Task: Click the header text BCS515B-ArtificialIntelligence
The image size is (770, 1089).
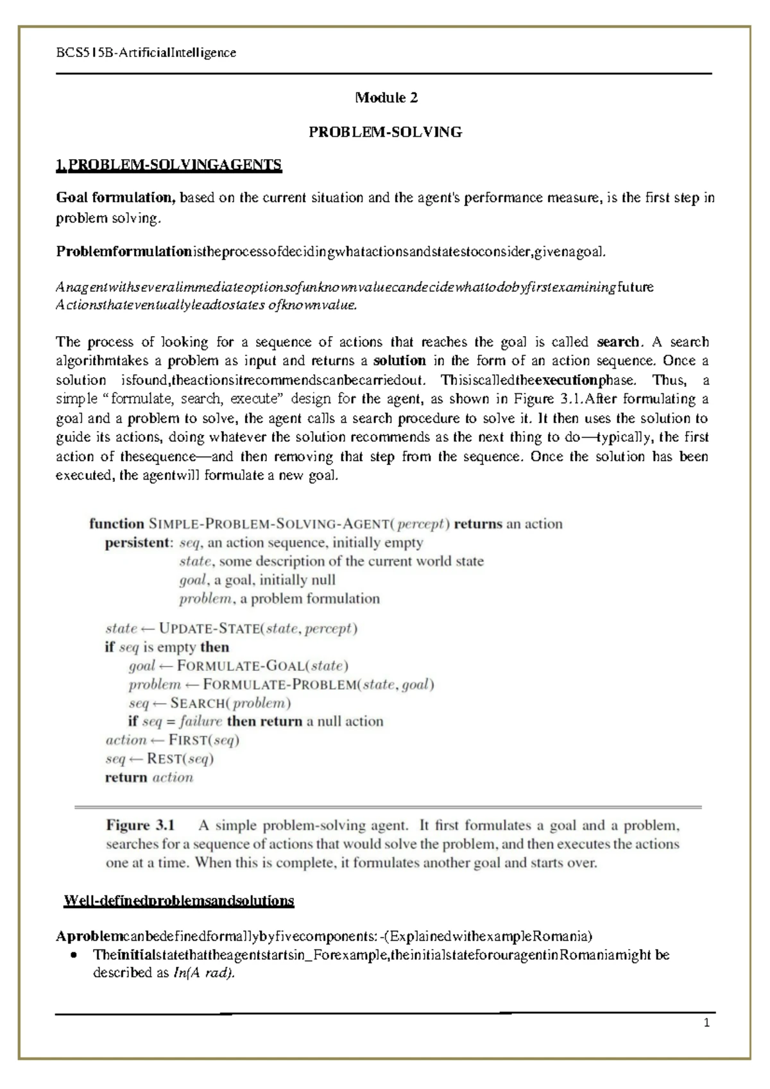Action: tap(146, 53)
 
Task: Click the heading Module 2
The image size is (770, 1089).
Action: tap(386, 97)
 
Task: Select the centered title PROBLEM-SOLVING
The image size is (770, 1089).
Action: tap(385, 132)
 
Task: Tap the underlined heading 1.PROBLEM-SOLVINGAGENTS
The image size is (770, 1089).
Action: tap(169, 165)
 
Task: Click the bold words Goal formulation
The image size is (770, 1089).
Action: tap(116, 198)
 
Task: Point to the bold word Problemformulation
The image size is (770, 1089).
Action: tap(124, 251)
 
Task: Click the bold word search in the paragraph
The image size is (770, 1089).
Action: tap(618, 342)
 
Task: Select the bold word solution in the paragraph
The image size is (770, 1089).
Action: tap(399, 360)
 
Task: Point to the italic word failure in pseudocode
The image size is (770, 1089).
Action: tap(200, 722)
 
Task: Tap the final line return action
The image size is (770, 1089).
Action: tap(149, 777)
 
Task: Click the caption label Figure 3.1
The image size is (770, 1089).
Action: tap(140, 825)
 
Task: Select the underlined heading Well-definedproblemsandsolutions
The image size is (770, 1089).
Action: tap(178, 900)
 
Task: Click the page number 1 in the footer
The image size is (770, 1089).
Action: tap(706, 1024)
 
